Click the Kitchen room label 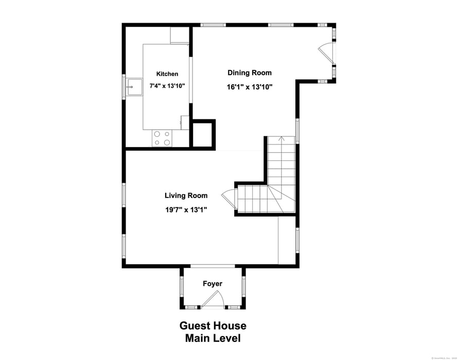pyautogui.click(x=167, y=74)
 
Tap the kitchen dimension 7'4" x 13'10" pyautogui.click(x=167, y=86)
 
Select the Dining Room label pyautogui.click(x=250, y=73)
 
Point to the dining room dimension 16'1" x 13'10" pyautogui.click(x=250, y=87)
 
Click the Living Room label pyautogui.click(x=186, y=195)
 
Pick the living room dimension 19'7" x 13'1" pyautogui.click(x=186, y=209)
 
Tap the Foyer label pyautogui.click(x=212, y=284)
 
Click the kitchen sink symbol pyautogui.click(x=134, y=87)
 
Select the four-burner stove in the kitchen pyautogui.click(x=162, y=138)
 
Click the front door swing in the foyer pyautogui.click(x=213, y=299)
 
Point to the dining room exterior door pyautogui.click(x=327, y=53)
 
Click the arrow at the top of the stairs pyautogui.click(x=281, y=138)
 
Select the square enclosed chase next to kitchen pyautogui.click(x=202, y=134)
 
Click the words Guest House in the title pyautogui.click(x=213, y=326)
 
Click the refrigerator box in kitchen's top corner pyautogui.click(x=180, y=35)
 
